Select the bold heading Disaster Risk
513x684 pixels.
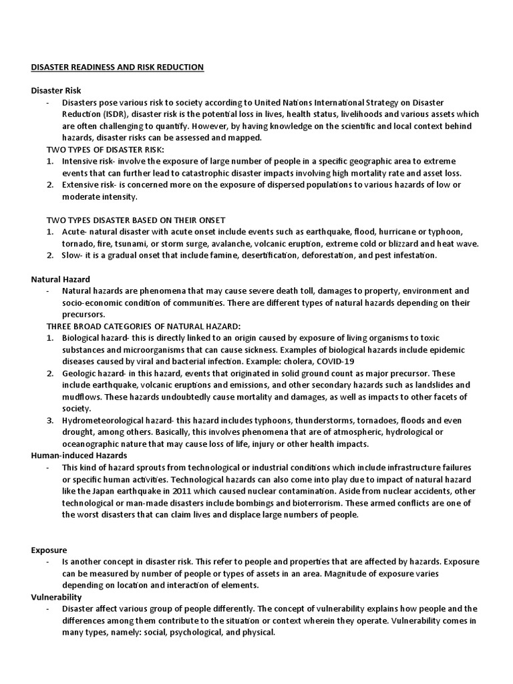click(x=56, y=91)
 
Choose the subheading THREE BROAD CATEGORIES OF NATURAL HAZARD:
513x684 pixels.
click(x=143, y=326)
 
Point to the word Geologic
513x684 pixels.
click(x=78, y=373)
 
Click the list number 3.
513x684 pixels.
click(x=49, y=420)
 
